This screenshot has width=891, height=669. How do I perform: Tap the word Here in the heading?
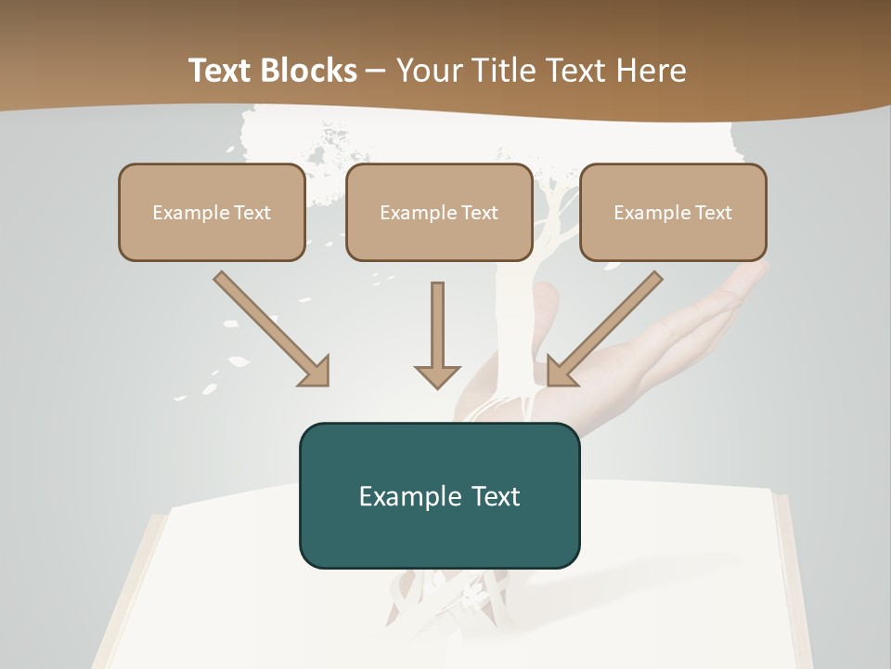(x=652, y=71)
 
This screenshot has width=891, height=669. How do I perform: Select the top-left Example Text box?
(x=212, y=213)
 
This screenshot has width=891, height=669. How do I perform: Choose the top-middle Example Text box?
(x=439, y=213)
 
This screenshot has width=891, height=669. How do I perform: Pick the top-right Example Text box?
(x=673, y=213)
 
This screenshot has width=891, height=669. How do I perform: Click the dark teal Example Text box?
(x=439, y=495)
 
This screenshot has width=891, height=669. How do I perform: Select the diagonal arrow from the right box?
(x=608, y=325)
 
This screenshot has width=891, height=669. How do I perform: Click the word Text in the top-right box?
(x=713, y=213)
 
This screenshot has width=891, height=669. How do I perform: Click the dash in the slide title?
(x=376, y=71)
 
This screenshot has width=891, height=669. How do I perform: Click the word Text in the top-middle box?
(x=479, y=213)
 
